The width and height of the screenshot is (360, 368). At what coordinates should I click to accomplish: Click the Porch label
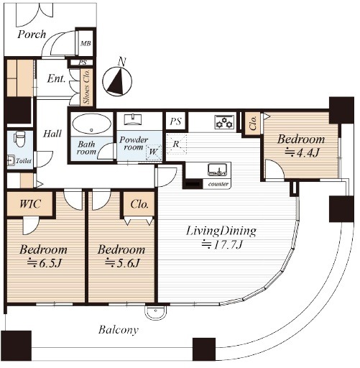point(32,34)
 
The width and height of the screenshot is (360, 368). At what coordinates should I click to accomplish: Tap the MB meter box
point(86,43)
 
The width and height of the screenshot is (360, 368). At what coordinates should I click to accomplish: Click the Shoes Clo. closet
point(86,87)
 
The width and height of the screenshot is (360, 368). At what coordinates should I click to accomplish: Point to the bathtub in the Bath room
point(91,124)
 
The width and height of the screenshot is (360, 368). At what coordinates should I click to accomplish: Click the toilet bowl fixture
point(19,139)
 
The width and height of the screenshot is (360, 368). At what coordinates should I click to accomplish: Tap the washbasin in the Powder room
point(132,119)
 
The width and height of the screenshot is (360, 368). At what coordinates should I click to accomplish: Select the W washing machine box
point(153,152)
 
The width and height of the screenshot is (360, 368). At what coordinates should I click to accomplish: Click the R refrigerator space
point(176,144)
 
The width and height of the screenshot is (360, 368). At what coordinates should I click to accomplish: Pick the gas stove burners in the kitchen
point(224,122)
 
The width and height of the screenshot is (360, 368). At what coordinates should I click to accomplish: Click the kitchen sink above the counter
point(217,170)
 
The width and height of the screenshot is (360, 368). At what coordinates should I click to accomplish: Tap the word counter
point(218,184)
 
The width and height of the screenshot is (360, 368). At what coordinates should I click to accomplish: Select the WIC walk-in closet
point(30,203)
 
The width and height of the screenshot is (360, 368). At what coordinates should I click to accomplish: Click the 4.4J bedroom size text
point(303,152)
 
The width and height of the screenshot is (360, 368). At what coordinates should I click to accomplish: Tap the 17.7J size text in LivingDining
point(222,244)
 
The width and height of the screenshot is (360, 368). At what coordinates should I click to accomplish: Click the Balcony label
point(119,330)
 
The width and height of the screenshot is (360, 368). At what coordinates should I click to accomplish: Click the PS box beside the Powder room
point(175,121)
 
